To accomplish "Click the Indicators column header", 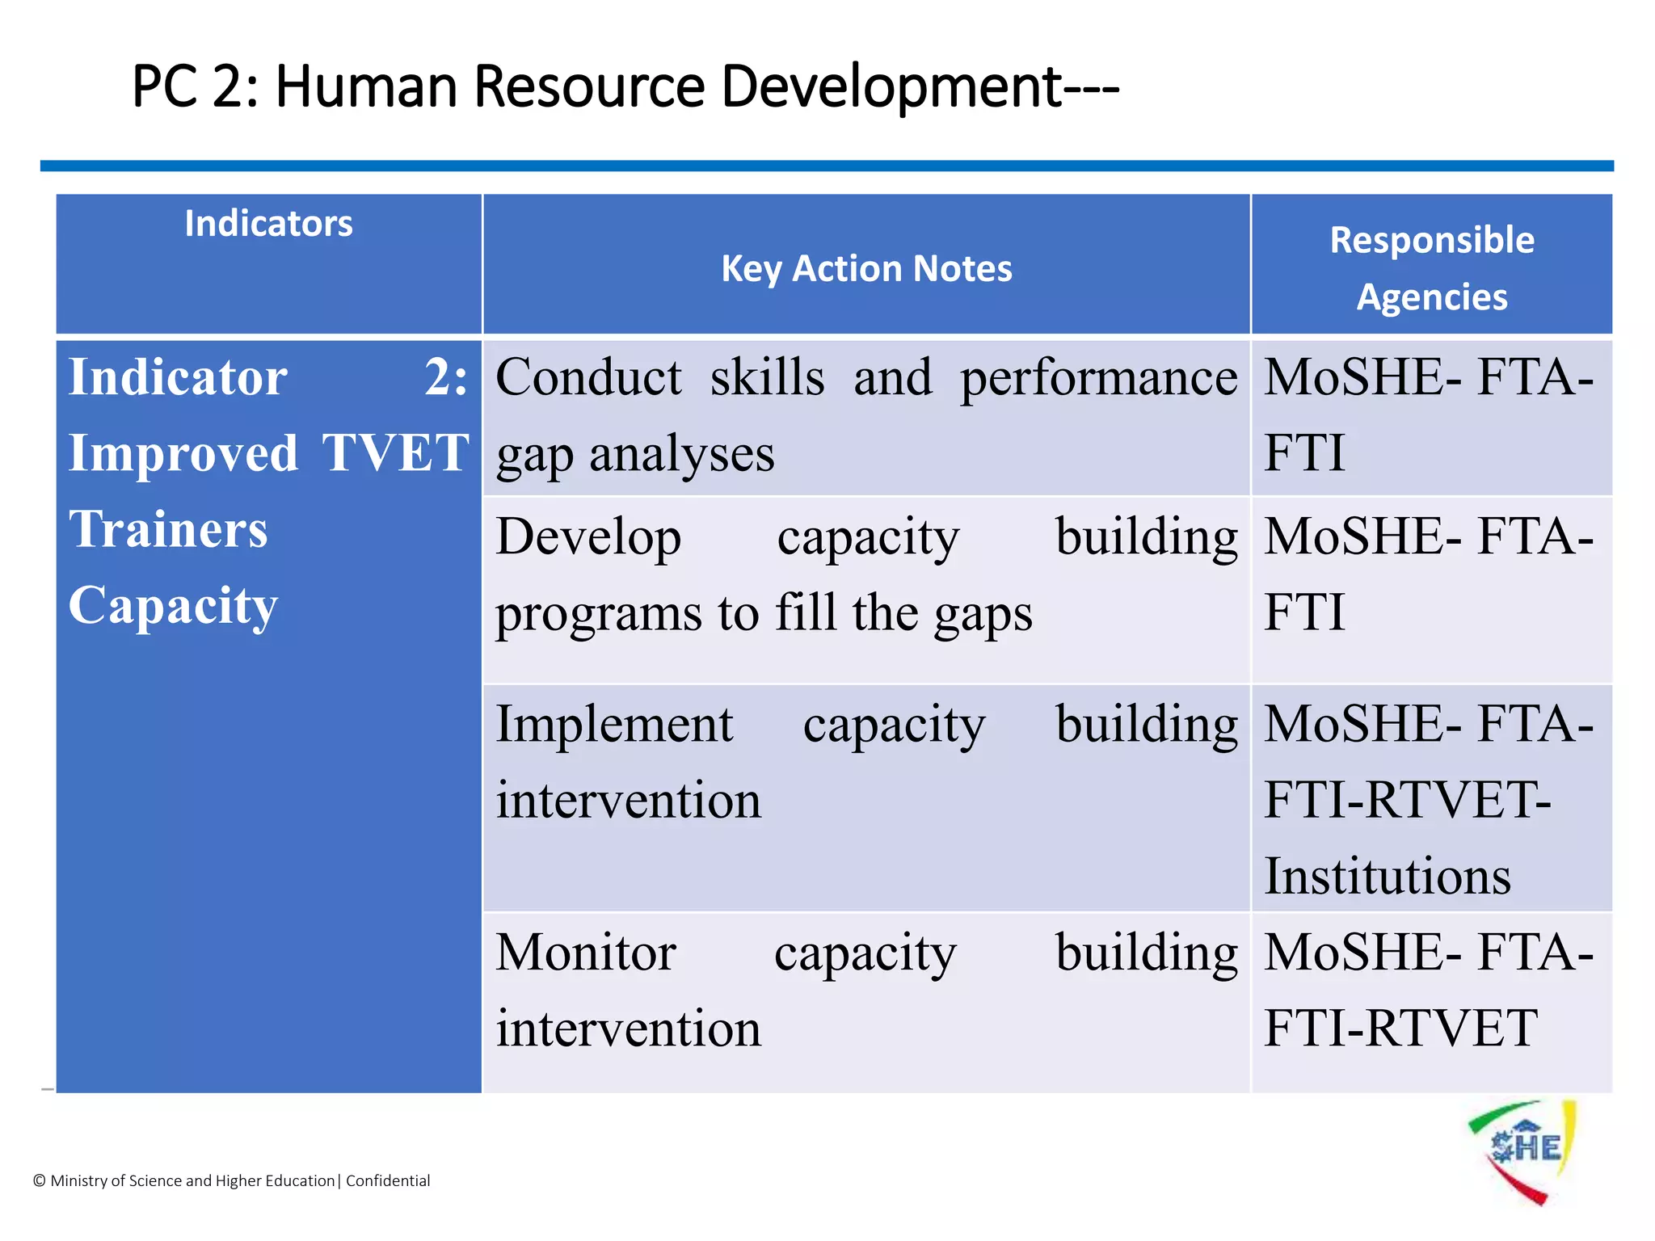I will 268,224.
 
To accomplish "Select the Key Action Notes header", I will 866,268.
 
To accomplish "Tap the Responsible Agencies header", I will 1431,268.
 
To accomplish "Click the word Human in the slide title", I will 367,86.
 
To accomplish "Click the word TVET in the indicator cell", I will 395,452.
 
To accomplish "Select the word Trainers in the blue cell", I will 168,529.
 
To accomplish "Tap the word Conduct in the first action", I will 588,377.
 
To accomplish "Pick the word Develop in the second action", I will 588,538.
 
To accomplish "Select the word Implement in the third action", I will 614,724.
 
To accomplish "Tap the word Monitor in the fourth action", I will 586,953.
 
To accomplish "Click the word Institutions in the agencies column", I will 1387,877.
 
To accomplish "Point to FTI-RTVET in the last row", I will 1400,1029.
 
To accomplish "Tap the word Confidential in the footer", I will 388,1180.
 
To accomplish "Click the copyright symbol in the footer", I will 39,1181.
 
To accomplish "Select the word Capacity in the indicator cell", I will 173,606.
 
